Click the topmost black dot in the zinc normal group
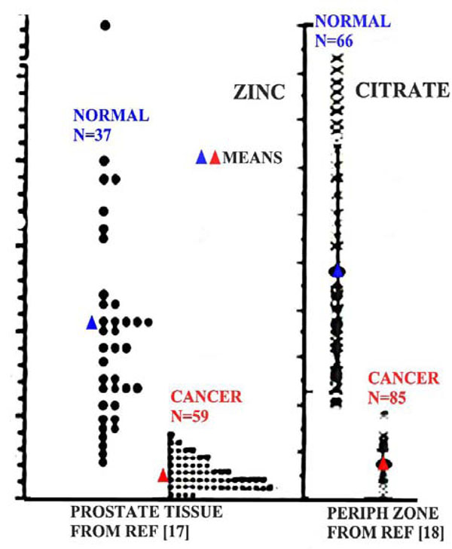point(105,26)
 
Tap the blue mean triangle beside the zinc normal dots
point(92,322)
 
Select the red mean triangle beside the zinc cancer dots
point(163,474)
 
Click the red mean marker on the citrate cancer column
point(383,463)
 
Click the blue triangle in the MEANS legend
point(201,157)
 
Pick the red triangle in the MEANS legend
point(215,157)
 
